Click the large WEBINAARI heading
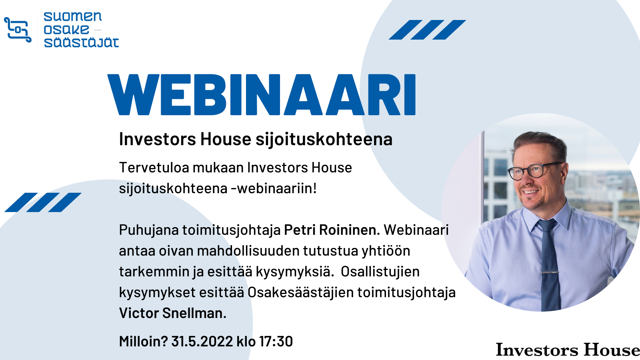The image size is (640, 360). [262, 94]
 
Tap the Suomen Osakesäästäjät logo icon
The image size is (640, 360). [18, 30]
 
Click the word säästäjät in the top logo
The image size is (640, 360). [81, 42]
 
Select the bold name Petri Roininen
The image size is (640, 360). [332, 230]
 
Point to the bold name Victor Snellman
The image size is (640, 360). [172, 313]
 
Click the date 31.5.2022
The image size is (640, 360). [202, 342]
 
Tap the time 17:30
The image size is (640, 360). [276, 342]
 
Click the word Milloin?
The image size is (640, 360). [144, 342]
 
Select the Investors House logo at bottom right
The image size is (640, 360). [568, 350]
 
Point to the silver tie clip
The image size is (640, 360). [550, 272]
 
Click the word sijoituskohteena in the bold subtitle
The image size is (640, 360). [324, 139]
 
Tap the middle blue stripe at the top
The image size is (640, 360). [428, 30]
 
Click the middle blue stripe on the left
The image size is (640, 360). [43, 202]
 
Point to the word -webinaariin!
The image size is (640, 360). [274, 188]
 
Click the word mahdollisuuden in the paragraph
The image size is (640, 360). [248, 251]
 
